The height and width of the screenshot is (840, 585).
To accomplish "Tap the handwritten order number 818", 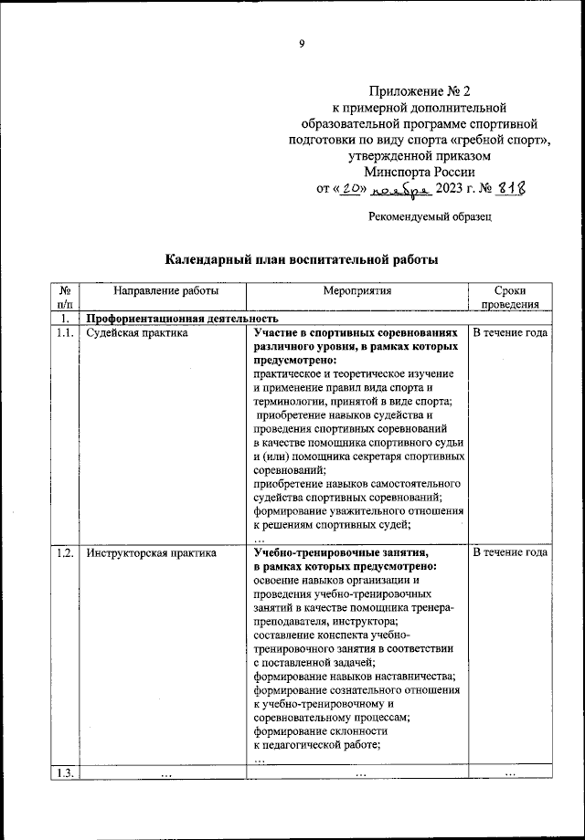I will pyautogui.click(x=513, y=188).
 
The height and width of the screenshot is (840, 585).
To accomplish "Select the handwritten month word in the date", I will pyautogui.click(x=403, y=189).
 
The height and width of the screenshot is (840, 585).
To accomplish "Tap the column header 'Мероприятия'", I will pyautogui.click(x=356, y=290).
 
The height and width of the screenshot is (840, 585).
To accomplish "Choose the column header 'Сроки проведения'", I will pyautogui.click(x=509, y=298).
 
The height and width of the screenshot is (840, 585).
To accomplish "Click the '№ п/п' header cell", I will pyautogui.click(x=64, y=298).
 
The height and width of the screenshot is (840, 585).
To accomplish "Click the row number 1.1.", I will pyautogui.click(x=64, y=333).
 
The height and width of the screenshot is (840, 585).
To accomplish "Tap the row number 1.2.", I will pyautogui.click(x=64, y=552).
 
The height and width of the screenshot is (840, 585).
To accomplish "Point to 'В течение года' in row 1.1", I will pyautogui.click(x=509, y=333).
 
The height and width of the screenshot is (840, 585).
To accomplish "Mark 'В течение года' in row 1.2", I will pyautogui.click(x=509, y=552).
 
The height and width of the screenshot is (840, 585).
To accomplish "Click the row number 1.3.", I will pyautogui.click(x=64, y=774).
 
